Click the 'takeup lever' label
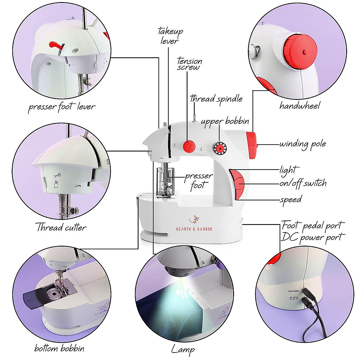coord(170,36)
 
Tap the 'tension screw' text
coord(189,64)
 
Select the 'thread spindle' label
coord(216,99)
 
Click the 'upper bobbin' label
coord(225,121)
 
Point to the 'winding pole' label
coord(302,144)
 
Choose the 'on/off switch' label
coord(303,183)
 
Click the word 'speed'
coord(291,199)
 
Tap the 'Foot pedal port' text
coord(313,225)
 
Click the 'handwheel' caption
coord(299,105)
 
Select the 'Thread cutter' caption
coord(61,227)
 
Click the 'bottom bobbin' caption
coord(59,348)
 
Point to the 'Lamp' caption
coord(183,349)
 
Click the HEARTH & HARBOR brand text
coord(194,229)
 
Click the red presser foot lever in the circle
coord(56,45)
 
